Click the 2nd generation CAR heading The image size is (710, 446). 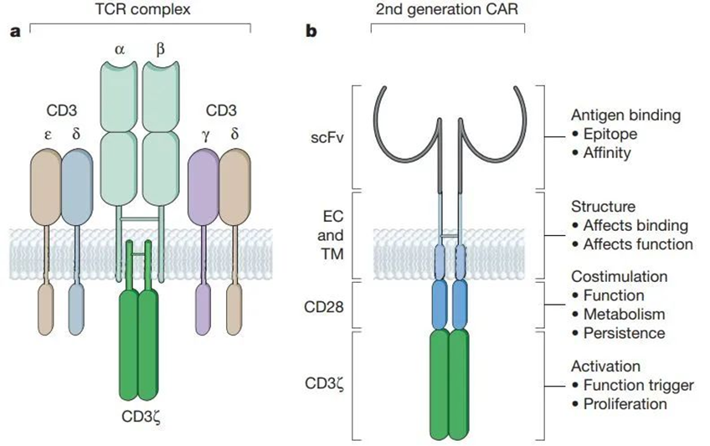pyautogui.click(x=447, y=11)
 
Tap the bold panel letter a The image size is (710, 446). pyautogui.click(x=13, y=33)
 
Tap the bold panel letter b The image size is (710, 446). pyautogui.click(x=311, y=33)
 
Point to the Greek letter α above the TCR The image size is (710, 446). pyautogui.click(x=120, y=49)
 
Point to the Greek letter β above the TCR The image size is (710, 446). pyautogui.click(x=160, y=49)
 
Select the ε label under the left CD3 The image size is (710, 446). pyautogui.click(x=49, y=133)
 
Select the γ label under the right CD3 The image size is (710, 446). pyautogui.click(x=205, y=133)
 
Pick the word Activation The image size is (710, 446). pyautogui.click(x=606, y=366)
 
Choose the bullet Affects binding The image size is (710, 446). pyautogui.click(x=630, y=225)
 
